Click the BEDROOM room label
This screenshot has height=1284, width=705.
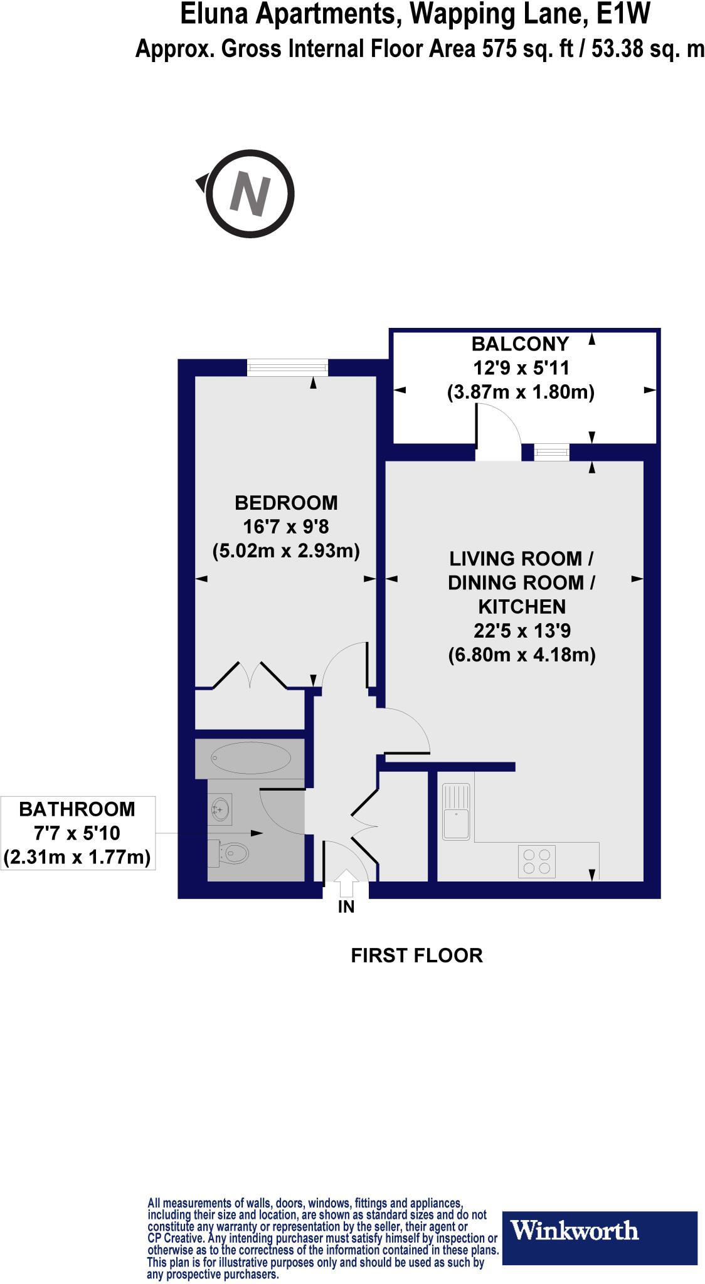[286, 502]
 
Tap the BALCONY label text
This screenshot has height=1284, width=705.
[520, 344]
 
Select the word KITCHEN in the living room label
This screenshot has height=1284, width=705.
[522, 606]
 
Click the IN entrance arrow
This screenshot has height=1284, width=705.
[346, 885]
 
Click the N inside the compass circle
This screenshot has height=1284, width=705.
[250, 194]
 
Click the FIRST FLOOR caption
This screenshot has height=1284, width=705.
[416, 955]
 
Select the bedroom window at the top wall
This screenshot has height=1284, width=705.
[287, 367]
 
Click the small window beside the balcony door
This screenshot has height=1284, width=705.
[552, 451]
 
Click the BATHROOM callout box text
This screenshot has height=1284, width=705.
[78, 833]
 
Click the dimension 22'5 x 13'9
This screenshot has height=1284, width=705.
[522, 631]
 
